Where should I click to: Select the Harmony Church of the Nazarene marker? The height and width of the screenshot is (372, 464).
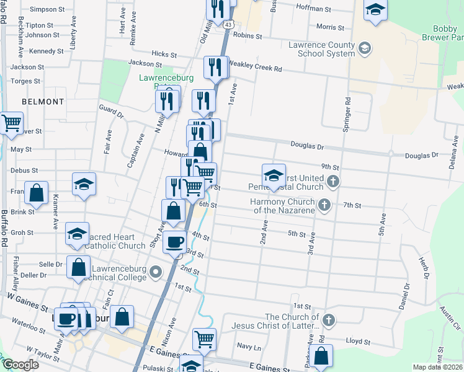point(323,205)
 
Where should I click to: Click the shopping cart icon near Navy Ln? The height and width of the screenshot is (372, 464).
point(204,339)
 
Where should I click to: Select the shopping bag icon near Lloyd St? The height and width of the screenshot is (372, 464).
point(321,356)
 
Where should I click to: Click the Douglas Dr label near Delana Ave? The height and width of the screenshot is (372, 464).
point(422,155)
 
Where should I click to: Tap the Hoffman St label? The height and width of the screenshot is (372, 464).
point(315,8)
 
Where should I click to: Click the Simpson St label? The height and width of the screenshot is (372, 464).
point(47,10)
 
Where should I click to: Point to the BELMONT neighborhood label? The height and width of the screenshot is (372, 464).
point(43,101)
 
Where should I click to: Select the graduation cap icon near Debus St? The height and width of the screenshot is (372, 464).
point(84,184)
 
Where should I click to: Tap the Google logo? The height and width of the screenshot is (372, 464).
point(20,365)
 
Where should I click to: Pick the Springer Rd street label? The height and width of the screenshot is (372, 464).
point(347,115)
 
